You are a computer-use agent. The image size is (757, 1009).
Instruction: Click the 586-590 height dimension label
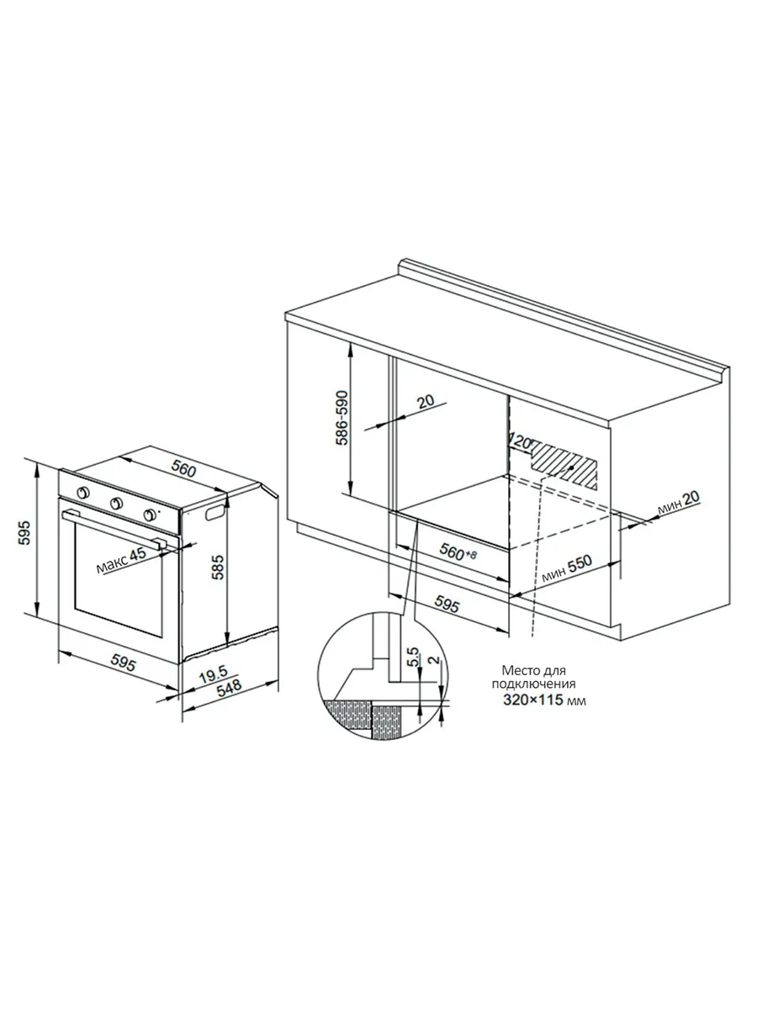(342, 418)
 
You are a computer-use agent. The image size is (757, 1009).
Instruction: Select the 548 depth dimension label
(229, 689)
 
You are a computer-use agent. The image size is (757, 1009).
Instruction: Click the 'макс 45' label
(121, 562)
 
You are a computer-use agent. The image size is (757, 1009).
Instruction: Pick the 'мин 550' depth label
(568, 569)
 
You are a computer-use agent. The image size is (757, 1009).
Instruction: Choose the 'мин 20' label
(679, 504)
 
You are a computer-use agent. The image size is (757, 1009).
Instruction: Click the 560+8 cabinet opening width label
(458, 551)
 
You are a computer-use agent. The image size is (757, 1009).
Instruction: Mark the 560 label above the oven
(184, 469)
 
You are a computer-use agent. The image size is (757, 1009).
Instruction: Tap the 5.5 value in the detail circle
(413, 657)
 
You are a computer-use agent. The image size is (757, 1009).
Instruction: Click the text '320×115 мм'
(544, 713)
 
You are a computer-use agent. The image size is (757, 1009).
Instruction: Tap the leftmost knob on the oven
(83, 493)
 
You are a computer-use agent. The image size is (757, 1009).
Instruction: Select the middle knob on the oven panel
(116, 504)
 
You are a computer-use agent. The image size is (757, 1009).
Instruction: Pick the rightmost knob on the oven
(150, 515)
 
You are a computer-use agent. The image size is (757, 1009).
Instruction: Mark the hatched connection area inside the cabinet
(565, 465)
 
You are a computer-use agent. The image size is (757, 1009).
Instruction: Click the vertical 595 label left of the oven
(24, 532)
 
